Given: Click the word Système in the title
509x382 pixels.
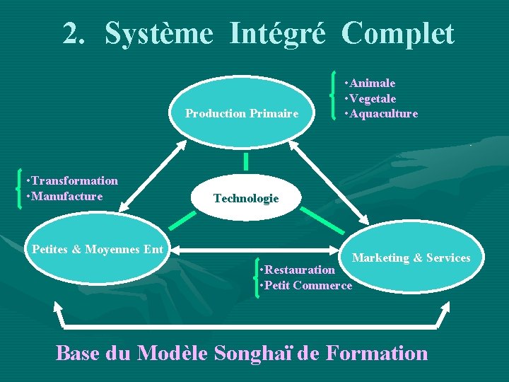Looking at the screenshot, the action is click(158, 33).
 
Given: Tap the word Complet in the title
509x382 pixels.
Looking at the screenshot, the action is click(397, 33).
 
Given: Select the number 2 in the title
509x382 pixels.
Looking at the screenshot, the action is click(71, 33).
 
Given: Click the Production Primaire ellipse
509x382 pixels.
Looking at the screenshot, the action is click(242, 113).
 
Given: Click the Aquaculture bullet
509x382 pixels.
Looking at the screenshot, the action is click(381, 113).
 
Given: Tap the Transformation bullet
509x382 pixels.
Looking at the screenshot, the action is click(71, 181).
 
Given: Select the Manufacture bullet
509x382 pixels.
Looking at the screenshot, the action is click(64, 196).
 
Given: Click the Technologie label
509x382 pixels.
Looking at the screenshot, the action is click(246, 199).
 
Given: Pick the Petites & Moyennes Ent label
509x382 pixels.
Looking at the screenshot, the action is click(98, 249).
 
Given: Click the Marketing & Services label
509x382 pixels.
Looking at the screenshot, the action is click(411, 258).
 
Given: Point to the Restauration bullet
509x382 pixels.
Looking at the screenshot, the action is click(298, 270).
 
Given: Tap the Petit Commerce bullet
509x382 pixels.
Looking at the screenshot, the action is click(306, 285).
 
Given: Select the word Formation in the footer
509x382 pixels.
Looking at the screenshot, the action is click(376, 352).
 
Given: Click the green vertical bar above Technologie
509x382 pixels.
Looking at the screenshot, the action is click(246, 161).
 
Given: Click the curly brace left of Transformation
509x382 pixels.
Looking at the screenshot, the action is click(16, 190).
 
